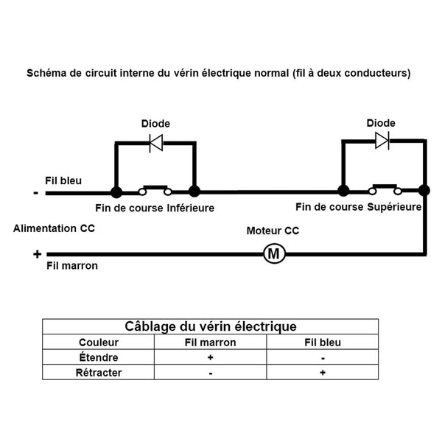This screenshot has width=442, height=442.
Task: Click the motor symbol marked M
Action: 274,254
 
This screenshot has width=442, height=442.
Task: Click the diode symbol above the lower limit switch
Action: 155,143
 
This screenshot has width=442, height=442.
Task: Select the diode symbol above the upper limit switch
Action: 382,141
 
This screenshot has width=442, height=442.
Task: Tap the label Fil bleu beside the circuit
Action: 63,180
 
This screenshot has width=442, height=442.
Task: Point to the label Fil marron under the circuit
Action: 71,266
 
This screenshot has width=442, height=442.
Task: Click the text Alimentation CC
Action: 54,229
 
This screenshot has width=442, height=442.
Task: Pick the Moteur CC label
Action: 273,231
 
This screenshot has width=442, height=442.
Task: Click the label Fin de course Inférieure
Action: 155,208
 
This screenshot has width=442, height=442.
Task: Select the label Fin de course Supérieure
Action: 358,207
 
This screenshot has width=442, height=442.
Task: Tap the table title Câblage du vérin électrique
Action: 211,326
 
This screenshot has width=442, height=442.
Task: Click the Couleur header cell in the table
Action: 98,343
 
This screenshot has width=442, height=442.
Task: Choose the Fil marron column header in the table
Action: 210,343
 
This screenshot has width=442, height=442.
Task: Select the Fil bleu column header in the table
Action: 323,343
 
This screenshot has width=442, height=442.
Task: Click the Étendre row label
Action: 98,357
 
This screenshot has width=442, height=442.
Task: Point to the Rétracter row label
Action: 98,373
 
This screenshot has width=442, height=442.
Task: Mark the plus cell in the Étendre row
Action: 210,357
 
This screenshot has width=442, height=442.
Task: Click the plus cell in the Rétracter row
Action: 323,373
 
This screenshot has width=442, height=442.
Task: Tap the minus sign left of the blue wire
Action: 35,194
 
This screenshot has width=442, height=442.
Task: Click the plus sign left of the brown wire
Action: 36,254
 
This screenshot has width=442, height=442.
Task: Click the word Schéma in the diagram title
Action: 46,74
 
